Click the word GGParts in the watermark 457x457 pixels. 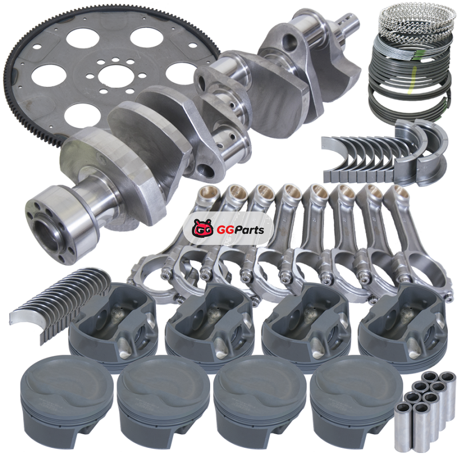click(240, 230)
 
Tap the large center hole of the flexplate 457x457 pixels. click(114, 76)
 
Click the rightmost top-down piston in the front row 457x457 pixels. click(356, 399)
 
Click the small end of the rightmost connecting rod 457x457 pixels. click(398, 194)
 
